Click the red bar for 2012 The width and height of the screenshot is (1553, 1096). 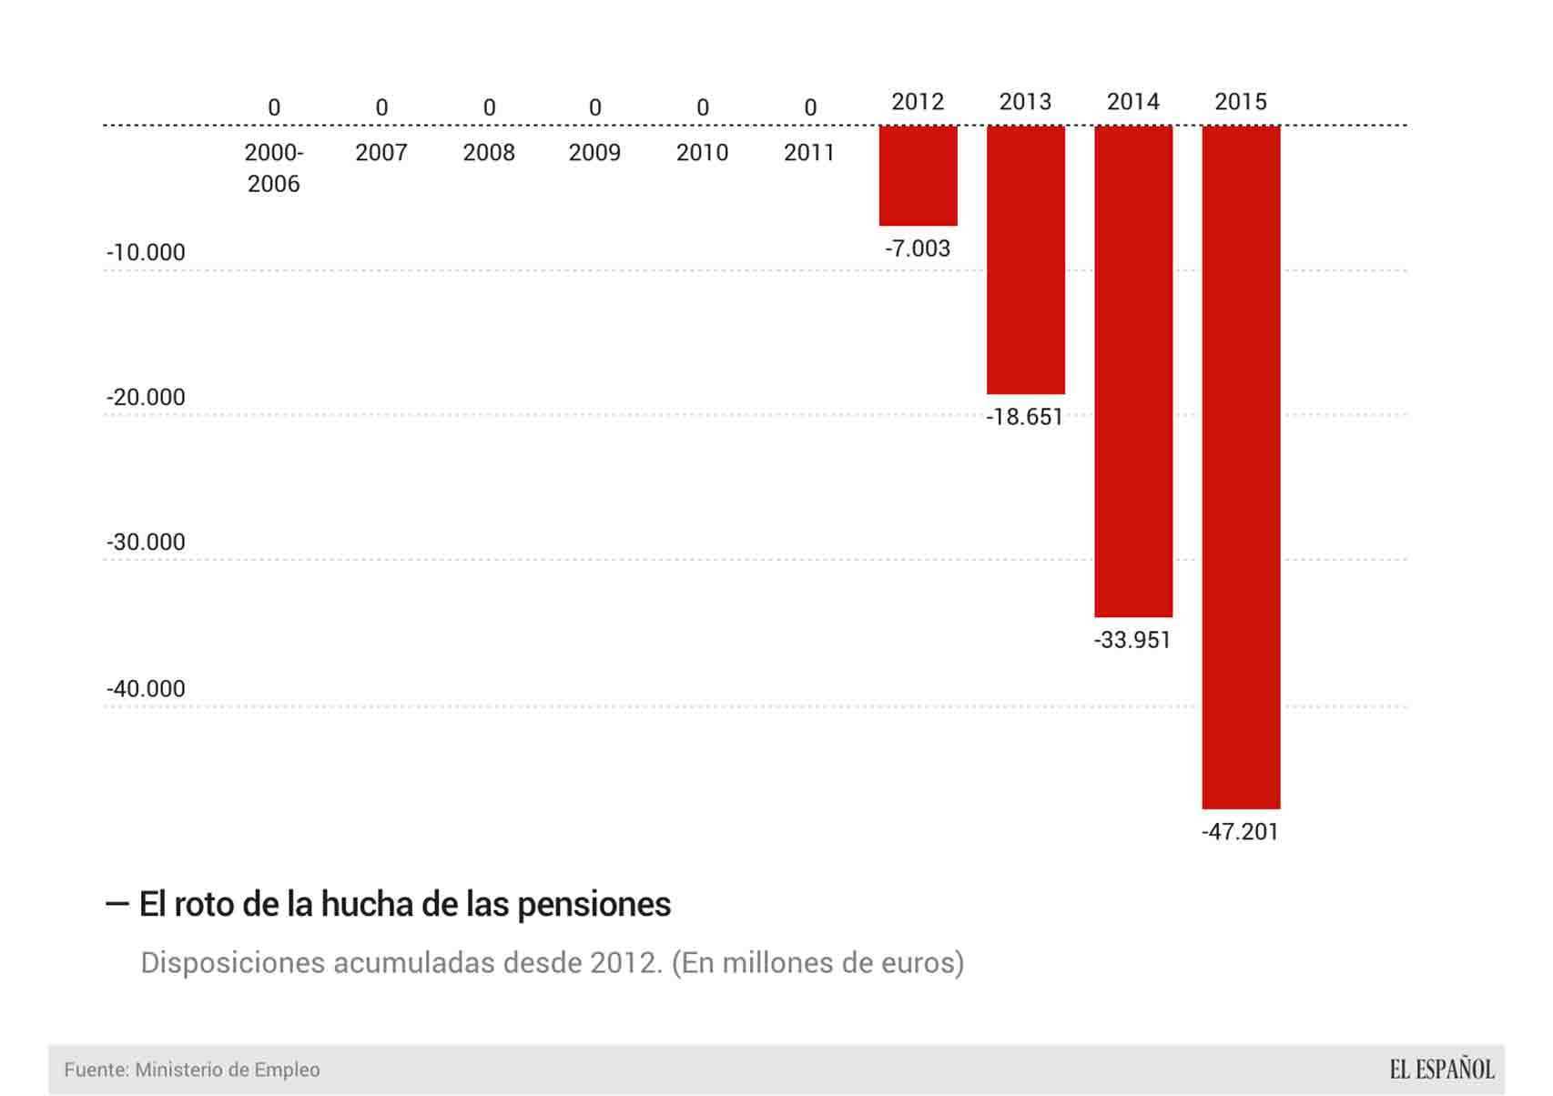pos(918,176)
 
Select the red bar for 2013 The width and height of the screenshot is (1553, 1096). pos(1026,260)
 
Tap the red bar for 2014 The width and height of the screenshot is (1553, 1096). pos(1133,371)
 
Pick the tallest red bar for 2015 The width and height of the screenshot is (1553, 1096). pos(1241,467)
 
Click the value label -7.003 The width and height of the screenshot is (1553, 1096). pos(918,249)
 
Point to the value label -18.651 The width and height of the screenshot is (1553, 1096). pos(1025,417)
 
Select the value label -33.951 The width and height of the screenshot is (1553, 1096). pos(1132,640)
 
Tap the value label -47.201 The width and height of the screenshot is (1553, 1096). pos(1240,832)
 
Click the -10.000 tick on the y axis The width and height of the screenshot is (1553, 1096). pos(146,252)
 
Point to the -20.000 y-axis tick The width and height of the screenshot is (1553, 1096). pos(146,397)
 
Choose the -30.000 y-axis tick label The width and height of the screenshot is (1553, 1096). pos(146,542)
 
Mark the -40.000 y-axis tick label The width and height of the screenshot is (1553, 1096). pos(146,688)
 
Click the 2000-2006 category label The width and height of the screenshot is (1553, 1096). pos(274,168)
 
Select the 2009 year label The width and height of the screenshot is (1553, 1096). pos(594,152)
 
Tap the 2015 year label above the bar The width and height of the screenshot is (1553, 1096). pos(1241,101)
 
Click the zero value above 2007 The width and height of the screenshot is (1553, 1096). pos(381,107)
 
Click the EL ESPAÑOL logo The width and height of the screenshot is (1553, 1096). pos(1442,1069)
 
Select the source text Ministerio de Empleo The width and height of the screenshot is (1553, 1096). pos(228,1070)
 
